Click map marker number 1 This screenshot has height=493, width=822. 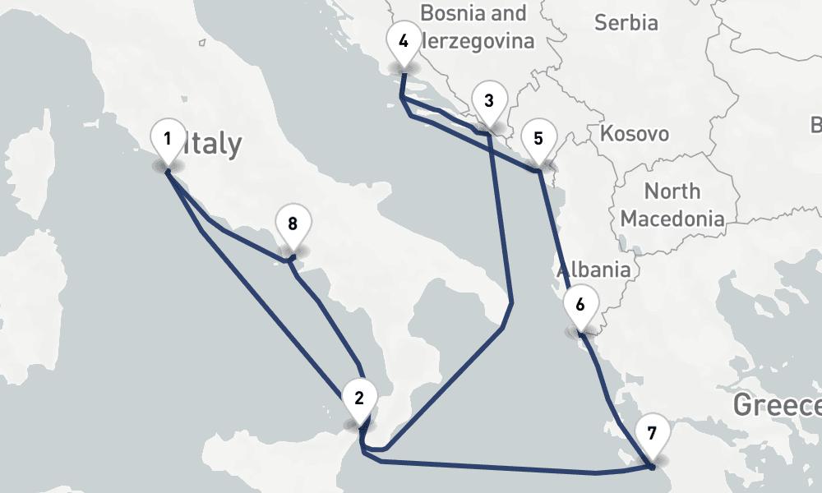point(168,139)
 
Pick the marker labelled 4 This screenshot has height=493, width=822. point(403,41)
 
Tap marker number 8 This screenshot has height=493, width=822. point(293,223)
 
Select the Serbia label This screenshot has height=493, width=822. point(626,22)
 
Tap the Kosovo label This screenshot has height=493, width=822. point(635,133)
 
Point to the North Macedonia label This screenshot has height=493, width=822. point(672,205)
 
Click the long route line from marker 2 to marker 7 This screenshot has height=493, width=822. point(493,468)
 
